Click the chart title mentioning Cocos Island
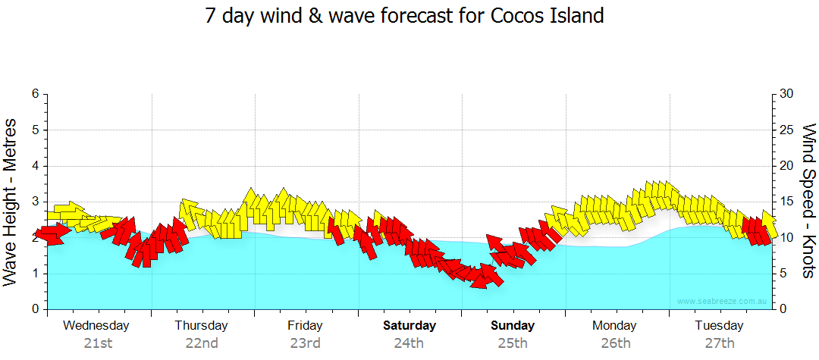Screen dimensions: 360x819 [x=404, y=16]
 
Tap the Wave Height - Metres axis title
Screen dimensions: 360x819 [x=11, y=202]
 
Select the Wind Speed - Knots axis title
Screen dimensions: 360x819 [x=808, y=202]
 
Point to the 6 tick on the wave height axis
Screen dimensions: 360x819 [x=34, y=94]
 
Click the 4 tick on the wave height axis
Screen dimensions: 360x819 [x=34, y=166]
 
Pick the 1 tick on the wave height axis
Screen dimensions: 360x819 [x=34, y=274]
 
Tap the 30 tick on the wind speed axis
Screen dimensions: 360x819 [x=787, y=94]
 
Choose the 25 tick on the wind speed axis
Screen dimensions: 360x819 [x=787, y=130]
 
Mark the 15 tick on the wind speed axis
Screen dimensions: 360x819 [x=787, y=202]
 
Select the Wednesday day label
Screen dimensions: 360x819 [x=96, y=326]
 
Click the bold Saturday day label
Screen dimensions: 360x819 [x=409, y=326]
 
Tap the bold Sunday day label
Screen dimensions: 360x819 [x=513, y=326]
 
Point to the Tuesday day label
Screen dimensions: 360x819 [x=719, y=326]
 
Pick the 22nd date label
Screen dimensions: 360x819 [x=202, y=343]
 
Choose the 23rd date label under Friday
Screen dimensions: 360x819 [x=305, y=343]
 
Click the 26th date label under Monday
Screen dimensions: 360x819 [x=615, y=343]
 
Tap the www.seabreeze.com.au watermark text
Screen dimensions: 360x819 [x=723, y=301]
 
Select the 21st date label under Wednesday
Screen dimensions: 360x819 [x=97, y=343]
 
